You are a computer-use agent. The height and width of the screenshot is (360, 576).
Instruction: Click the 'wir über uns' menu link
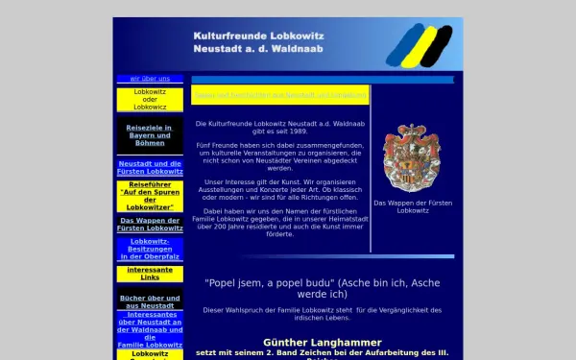tap(150, 79)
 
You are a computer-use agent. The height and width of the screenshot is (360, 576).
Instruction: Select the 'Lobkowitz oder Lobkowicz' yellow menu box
tap(150, 100)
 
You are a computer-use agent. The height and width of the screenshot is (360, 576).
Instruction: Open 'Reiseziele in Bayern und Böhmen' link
tap(150, 135)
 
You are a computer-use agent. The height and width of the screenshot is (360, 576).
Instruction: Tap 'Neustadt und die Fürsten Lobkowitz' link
tap(150, 167)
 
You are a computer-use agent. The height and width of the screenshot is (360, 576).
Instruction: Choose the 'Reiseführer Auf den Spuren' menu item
tap(150, 195)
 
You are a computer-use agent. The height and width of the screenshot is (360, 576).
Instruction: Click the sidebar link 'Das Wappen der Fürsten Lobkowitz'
tap(150, 225)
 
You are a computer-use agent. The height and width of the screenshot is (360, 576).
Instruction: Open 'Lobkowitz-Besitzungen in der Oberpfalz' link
tap(150, 249)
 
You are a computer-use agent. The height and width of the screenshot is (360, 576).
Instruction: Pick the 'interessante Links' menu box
tap(150, 273)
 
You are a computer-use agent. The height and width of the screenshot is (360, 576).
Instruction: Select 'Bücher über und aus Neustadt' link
tap(150, 301)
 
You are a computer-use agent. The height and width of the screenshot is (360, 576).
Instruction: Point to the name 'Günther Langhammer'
tap(322, 342)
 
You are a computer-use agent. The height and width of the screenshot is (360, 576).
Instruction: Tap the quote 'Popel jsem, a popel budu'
tap(268, 284)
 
